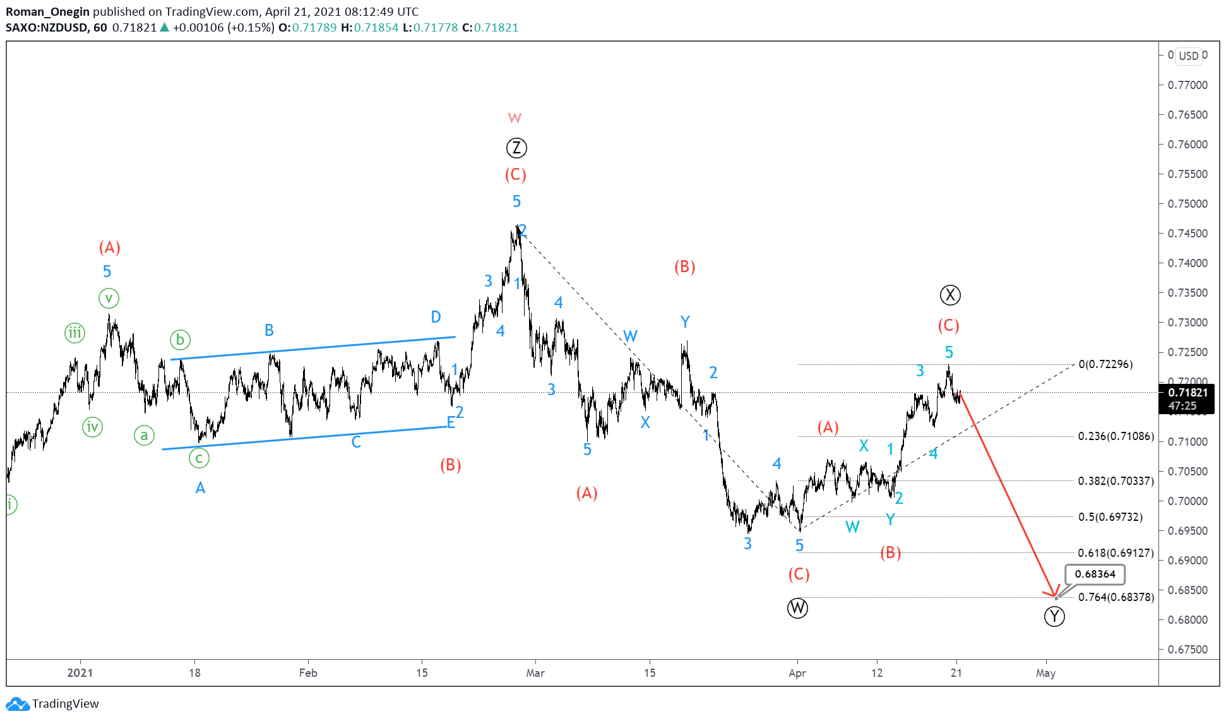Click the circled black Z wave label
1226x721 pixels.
point(516,148)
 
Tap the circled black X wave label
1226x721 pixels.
point(950,295)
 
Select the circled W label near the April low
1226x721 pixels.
point(797,608)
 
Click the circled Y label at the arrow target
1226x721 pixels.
point(1054,616)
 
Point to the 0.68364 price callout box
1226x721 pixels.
point(1095,574)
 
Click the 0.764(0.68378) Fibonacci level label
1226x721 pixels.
point(1116,597)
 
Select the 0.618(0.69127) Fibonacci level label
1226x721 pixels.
point(1116,553)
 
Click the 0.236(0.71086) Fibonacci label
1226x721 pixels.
point(1116,436)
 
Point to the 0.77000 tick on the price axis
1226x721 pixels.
point(1187,85)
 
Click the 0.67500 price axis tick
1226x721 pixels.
point(1187,650)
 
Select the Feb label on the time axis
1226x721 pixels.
point(308,673)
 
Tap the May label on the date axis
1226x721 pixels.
point(1045,673)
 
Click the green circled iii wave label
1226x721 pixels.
point(74,333)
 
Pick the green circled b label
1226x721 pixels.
point(180,340)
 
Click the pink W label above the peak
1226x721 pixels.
point(515,118)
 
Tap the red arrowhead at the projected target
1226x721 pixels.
point(1054,595)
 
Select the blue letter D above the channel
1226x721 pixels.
point(436,317)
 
